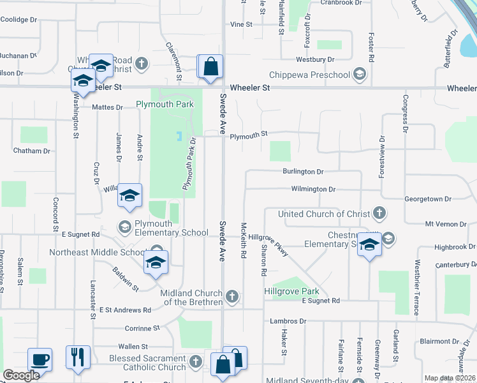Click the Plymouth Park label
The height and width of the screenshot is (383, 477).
159,103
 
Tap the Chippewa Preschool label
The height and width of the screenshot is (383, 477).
310,75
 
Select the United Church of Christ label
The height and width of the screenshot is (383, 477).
324,214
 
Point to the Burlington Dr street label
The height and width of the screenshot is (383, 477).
304,172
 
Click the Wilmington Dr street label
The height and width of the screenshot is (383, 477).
313,190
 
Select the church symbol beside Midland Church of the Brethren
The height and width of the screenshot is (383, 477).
233,296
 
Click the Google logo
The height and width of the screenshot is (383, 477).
21,375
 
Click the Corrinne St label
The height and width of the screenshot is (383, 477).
142,328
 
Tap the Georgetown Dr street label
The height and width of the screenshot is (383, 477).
435,199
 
